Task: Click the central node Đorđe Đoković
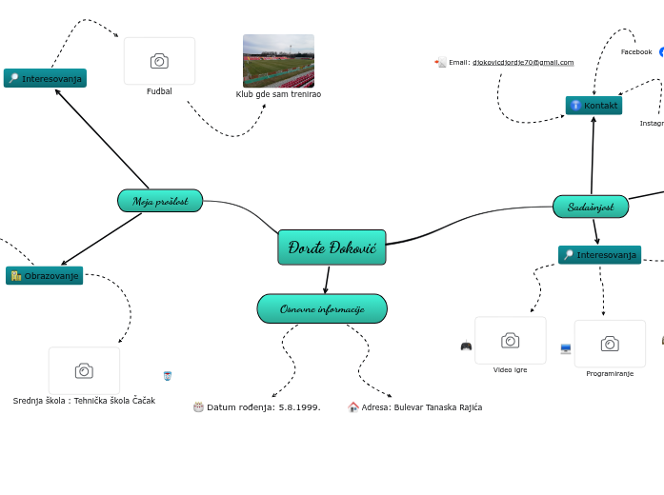pos(332,247)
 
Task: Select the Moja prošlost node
pos(160,201)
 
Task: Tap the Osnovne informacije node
pos(322,308)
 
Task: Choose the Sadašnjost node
pos(591,207)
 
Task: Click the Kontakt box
pos(594,106)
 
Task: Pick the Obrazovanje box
pos(45,276)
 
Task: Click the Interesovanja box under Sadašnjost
pos(599,255)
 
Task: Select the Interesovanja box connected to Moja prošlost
pos(45,78)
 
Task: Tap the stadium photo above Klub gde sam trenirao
pos(278,61)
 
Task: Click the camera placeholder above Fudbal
pos(159,61)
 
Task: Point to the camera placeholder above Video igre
pos(511,341)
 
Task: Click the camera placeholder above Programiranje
pos(610,344)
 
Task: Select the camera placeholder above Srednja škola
pos(84,370)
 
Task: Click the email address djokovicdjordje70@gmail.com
pos(523,63)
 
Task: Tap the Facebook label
pos(636,52)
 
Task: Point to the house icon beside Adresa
pos(353,407)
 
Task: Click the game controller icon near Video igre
pos(466,346)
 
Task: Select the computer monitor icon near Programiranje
pos(566,349)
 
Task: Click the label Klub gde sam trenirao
pos(278,94)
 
